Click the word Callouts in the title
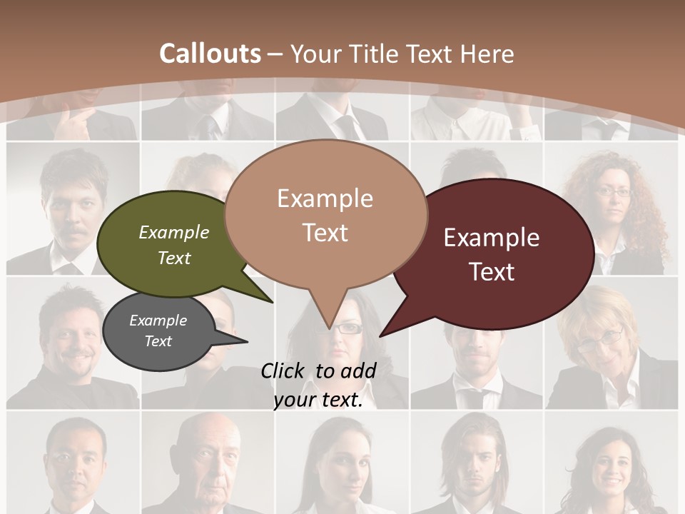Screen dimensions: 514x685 (210, 54)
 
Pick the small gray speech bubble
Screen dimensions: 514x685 (158, 330)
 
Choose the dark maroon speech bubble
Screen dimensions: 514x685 (499, 253)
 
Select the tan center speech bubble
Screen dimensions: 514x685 (325, 214)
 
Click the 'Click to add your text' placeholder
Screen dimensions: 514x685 (318, 385)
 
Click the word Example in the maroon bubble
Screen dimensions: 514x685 (492, 238)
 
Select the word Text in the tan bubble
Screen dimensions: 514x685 (325, 233)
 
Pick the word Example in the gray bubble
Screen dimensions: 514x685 (158, 321)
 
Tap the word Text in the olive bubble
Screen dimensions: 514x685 (174, 258)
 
